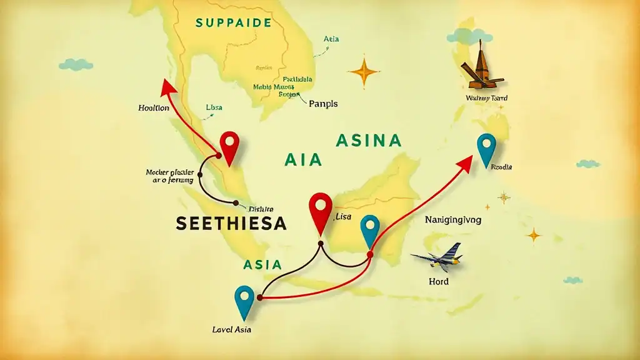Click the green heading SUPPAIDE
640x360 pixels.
(x=233, y=23)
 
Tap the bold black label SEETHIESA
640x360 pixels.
(x=231, y=222)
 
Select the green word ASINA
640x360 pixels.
(x=368, y=141)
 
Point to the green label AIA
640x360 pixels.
(x=302, y=159)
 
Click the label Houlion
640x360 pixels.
(x=153, y=107)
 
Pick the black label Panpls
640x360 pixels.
(x=323, y=104)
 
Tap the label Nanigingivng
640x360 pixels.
(x=453, y=220)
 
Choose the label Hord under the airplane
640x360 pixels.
(x=439, y=281)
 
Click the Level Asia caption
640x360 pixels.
(x=232, y=329)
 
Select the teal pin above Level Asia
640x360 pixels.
(x=244, y=300)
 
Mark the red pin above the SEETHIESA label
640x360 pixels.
(x=230, y=146)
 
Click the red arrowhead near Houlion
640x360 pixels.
(x=166, y=87)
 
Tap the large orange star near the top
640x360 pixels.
(x=364, y=72)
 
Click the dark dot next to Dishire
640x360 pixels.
(x=236, y=202)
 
